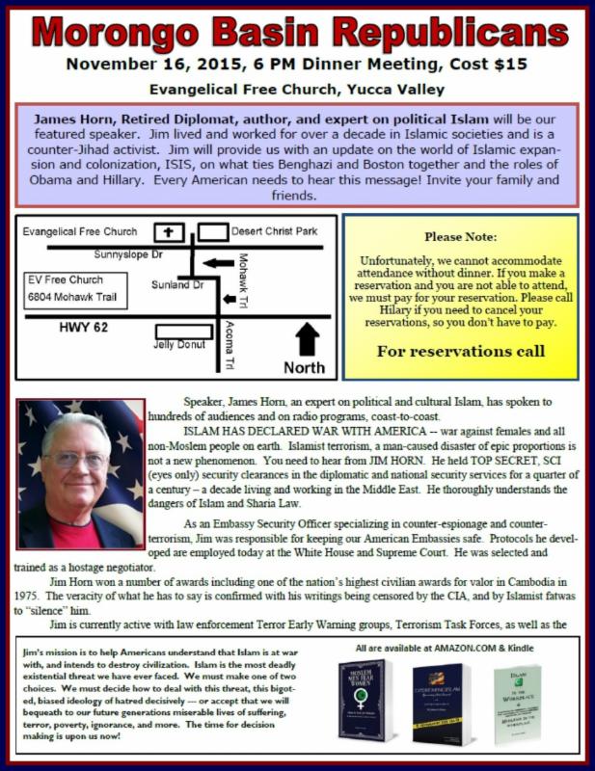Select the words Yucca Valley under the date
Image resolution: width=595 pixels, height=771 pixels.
(x=401, y=90)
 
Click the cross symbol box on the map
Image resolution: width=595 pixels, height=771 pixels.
(x=171, y=232)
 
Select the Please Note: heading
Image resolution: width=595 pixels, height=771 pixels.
(x=460, y=236)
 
